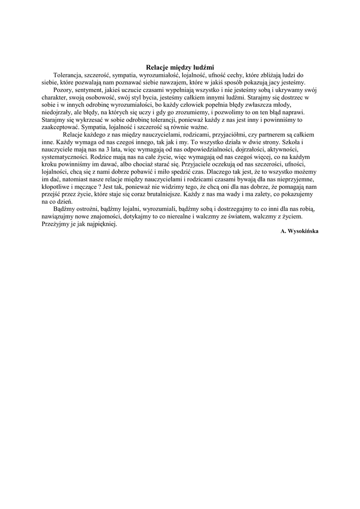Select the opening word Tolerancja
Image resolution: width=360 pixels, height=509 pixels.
(x=68, y=75)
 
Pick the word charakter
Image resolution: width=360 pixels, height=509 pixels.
(x=54, y=98)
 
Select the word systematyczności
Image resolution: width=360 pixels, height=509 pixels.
(x=67, y=157)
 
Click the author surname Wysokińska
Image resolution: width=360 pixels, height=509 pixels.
(x=304, y=232)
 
